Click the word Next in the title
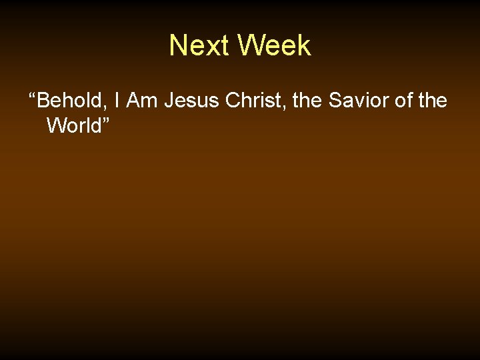point(200,46)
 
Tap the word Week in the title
point(274,46)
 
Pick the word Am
point(141,101)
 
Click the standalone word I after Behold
point(117,101)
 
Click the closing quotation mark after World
point(105,119)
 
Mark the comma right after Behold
point(107,107)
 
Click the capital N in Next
point(178,46)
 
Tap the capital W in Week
point(251,46)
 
